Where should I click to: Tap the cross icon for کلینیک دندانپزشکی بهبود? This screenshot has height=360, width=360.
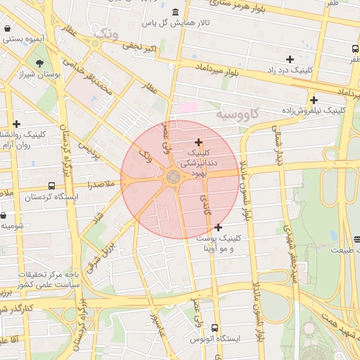click(x=198, y=142)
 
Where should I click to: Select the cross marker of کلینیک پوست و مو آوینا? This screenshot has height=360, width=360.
click(x=218, y=227)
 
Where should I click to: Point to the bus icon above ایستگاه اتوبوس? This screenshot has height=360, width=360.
click(x=214, y=328)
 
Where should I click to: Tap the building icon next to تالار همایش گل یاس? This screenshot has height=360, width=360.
click(x=174, y=13)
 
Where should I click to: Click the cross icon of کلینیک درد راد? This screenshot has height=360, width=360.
click(x=289, y=59)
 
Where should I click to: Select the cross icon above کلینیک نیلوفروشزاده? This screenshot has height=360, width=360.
click(x=314, y=100)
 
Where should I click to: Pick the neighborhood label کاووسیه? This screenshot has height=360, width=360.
click(x=237, y=113)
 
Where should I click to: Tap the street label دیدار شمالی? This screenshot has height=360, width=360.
click(x=278, y=146)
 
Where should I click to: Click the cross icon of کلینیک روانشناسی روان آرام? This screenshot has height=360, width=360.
click(x=16, y=124)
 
